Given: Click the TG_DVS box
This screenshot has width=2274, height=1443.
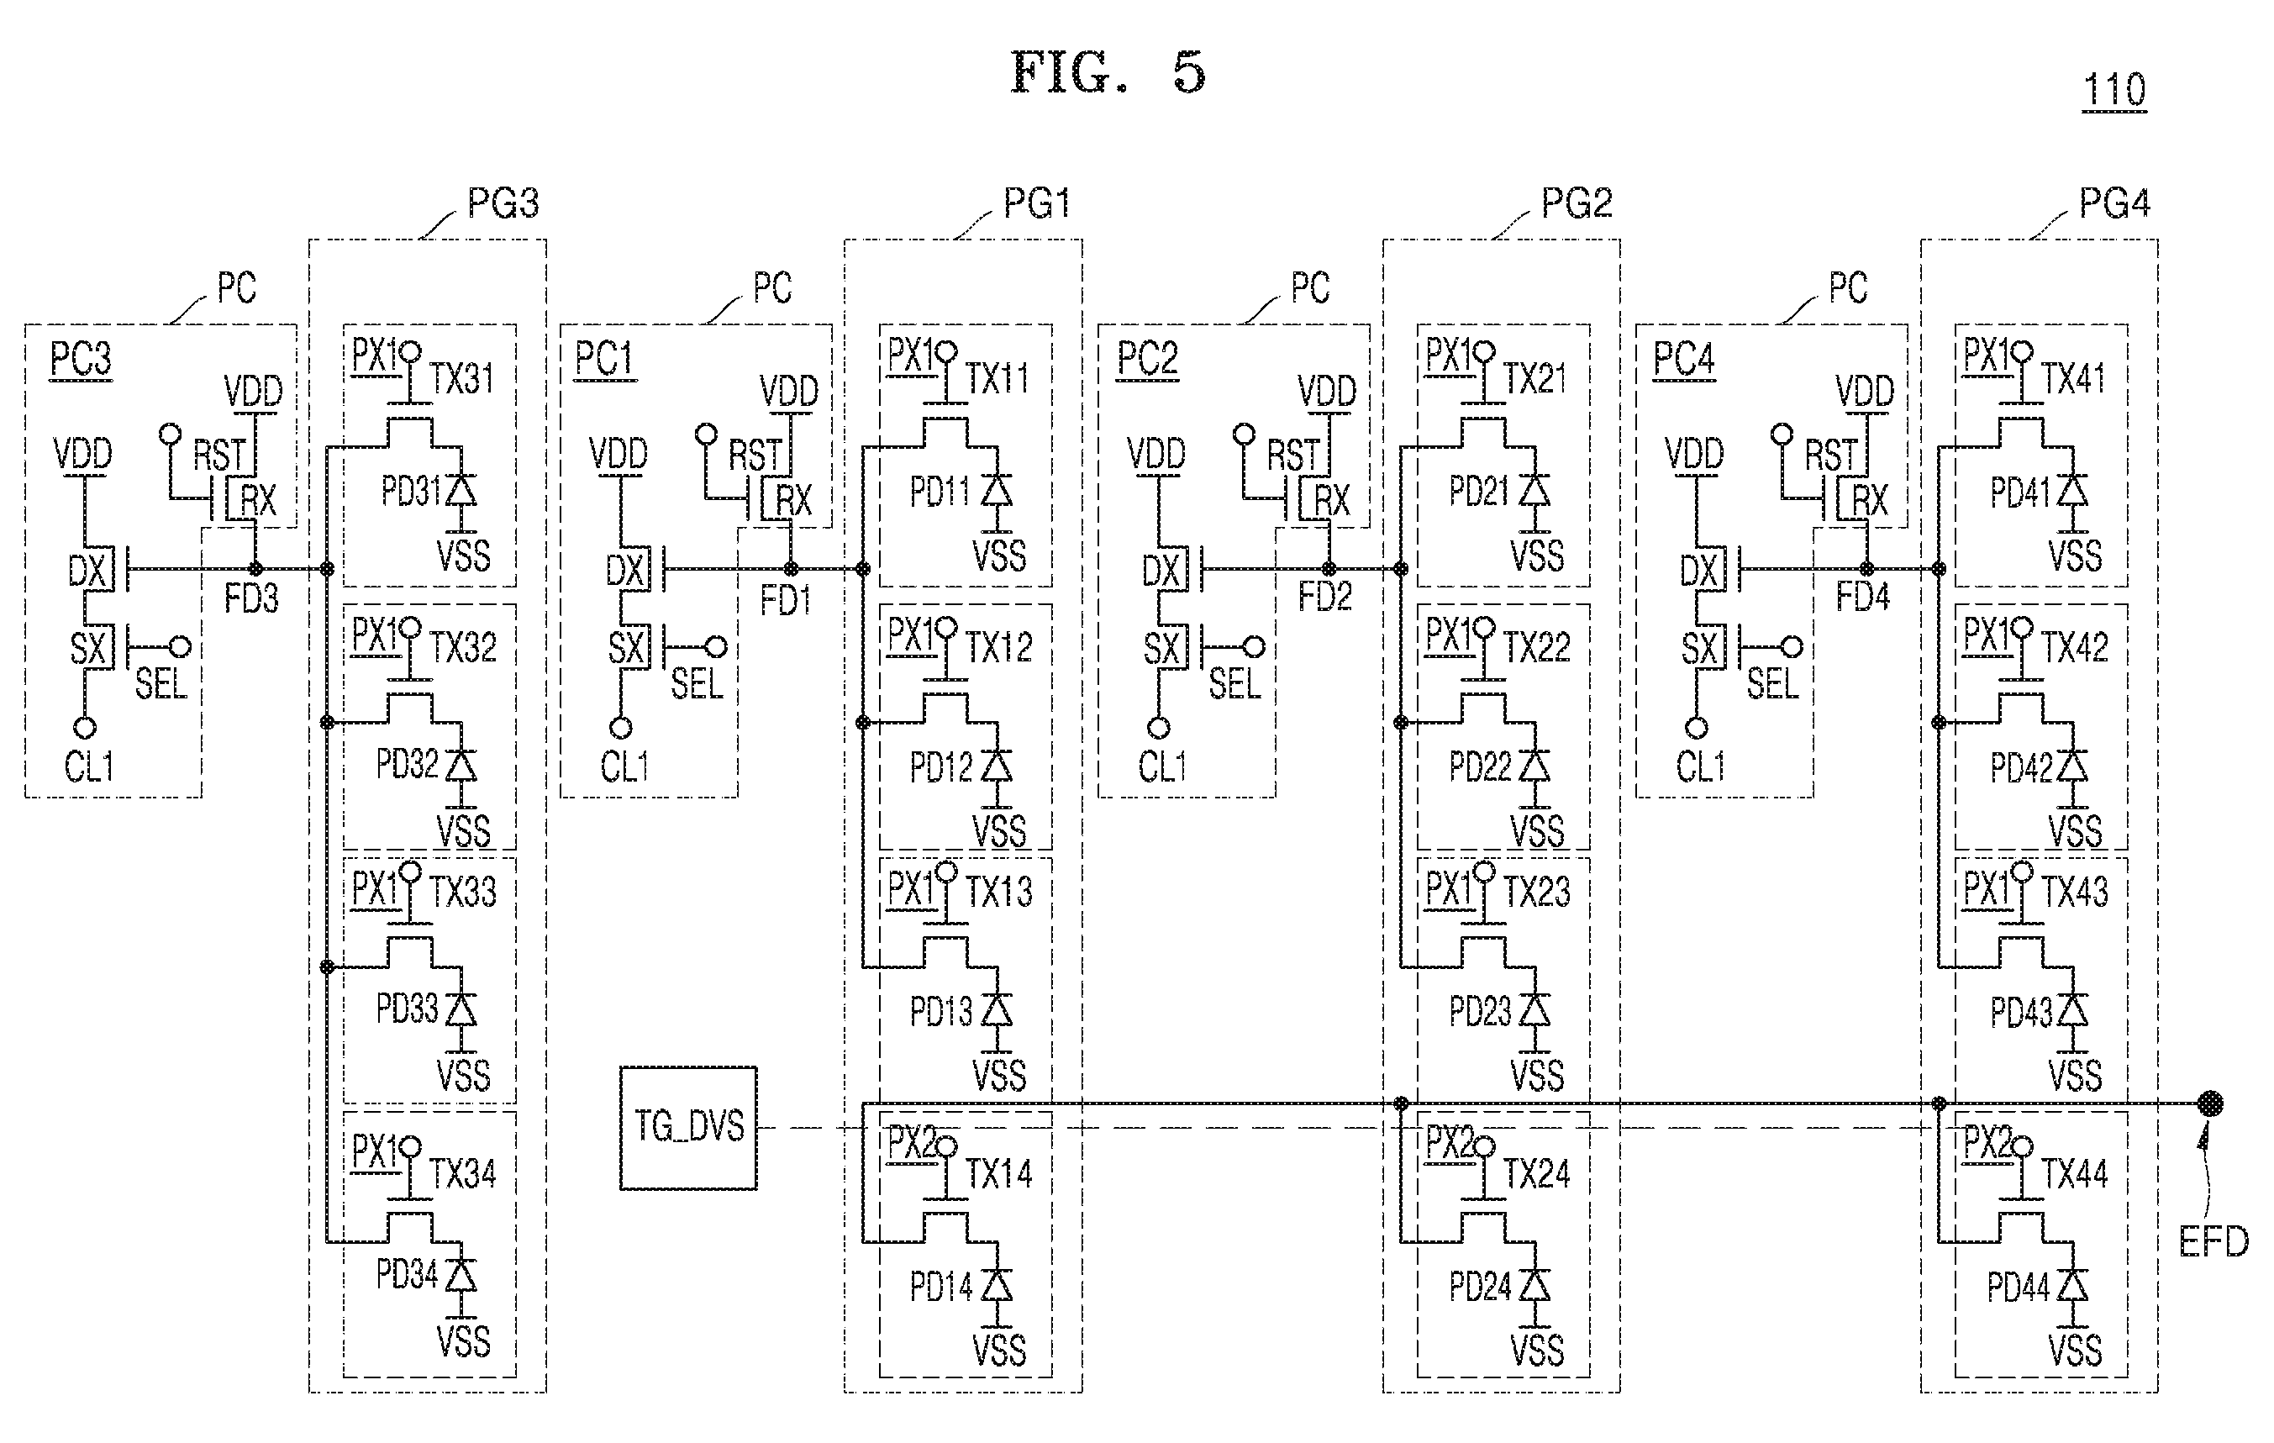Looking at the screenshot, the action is click(x=688, y=1128).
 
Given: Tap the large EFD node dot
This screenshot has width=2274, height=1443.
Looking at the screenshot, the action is click(x=2210, y=1103).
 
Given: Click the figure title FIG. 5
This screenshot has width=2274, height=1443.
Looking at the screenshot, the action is click(x=1108, y=73).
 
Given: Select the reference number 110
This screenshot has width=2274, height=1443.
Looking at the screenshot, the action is click(x=2114, y=90).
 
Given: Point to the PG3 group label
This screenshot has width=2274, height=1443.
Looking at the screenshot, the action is click(x=503, y=203).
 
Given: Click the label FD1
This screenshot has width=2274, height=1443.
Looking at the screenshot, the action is click(x=786, y=600).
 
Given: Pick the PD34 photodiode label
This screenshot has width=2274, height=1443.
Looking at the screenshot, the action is click(x=407, y=1274).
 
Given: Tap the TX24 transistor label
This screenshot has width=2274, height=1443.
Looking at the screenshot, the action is click(x=1536, y=1174).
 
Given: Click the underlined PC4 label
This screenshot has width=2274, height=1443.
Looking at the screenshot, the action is click(x=1684, y=360).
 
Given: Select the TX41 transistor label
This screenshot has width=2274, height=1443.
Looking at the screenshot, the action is click(x=2074, y=379).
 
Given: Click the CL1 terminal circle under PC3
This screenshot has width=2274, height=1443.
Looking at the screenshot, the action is click(x=85, y=728).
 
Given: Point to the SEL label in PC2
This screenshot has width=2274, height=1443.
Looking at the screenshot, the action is click(x=1234, y=684).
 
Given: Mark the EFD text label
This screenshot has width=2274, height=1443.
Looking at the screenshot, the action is click(x=2213, y=1242).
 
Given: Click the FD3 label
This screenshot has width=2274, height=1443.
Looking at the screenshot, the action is click(x=251, y=598).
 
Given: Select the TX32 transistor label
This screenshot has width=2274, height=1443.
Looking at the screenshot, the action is click(x=463, y=647).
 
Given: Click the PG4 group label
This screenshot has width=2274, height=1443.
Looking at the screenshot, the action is click(x=2114, y=203).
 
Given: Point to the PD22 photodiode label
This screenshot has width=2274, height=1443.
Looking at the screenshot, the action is click(x=1480, y=766).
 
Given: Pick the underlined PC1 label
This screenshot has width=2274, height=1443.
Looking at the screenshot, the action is click(x=604, y=360).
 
